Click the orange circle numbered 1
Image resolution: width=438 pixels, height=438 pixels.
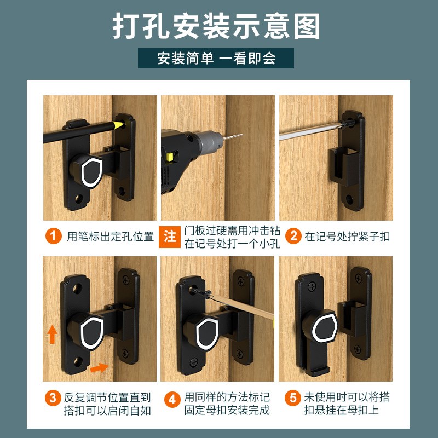(x=53, y=237)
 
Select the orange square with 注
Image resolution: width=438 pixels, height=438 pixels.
(x=170, y=237)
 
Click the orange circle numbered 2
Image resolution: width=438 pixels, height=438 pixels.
(x=294, y=237)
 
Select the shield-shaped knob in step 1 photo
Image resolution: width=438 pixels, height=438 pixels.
(x=91, y=171)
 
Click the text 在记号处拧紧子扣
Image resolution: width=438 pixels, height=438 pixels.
(x=347, y=237)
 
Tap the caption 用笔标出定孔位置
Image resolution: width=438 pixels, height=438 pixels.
(x=110, y=237)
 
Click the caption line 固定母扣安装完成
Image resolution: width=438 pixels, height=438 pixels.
(x=226, y=410)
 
